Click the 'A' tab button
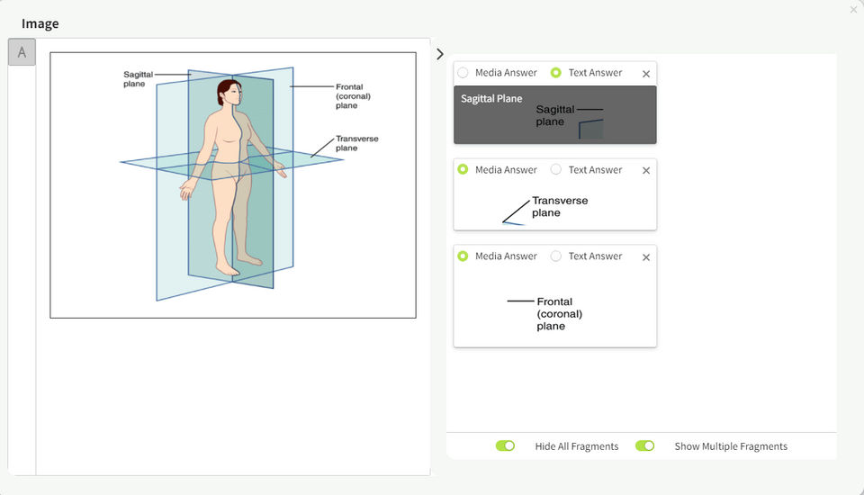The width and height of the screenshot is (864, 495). click(22, 53)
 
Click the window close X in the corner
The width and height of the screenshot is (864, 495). click(853, 10)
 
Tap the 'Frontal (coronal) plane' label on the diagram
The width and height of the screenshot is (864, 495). click(353, 96)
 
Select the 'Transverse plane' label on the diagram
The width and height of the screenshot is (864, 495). click(356, 143)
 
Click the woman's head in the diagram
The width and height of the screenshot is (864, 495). click(229, 93)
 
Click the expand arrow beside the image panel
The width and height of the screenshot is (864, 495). click(439, 54)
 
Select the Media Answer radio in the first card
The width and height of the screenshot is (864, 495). click(463, 73)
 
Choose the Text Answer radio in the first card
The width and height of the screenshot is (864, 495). click(556, 73)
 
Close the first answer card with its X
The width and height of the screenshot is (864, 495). click(646, 74)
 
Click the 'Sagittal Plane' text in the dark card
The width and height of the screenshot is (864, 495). click(491, 99)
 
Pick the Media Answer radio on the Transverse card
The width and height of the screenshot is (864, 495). click(463, 169)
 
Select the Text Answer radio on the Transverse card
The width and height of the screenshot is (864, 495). click(556, 169)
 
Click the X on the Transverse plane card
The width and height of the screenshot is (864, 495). click(646, 170)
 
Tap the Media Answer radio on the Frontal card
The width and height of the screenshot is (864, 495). click(463, 256)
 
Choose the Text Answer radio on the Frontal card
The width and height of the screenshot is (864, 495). click(556, 256)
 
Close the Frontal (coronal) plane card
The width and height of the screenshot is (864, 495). click(646, 257)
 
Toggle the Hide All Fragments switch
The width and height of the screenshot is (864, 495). click(505, 446)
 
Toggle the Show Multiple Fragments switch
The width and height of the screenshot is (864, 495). click(644, 446)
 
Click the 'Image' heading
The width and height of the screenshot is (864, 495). click(40, 23)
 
